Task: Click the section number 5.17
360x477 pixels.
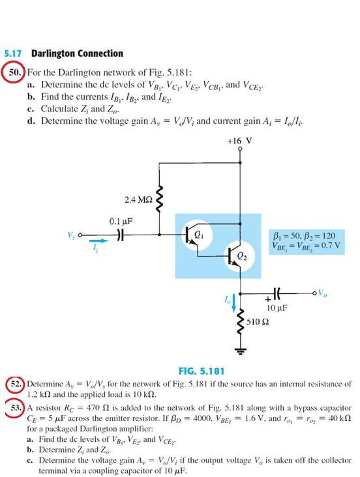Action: (12, 53)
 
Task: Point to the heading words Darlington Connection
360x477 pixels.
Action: (77, 53)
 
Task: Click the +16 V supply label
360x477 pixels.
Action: (239, 140)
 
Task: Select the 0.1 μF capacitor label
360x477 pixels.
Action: (121, 221)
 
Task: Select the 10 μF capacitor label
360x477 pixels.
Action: (278, 308)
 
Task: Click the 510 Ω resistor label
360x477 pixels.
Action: (259, 322)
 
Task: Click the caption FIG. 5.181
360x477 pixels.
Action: (202, 371)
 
